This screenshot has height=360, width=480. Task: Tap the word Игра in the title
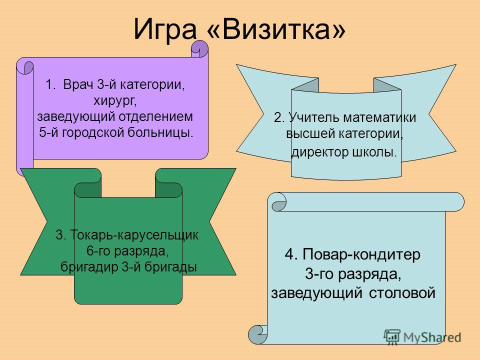coord(165,30)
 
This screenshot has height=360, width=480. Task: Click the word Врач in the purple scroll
coord(78,84)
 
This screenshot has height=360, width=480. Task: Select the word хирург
coord(115,100)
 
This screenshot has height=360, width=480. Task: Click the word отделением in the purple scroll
coord(156,116)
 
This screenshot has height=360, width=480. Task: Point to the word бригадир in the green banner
coord(89,266)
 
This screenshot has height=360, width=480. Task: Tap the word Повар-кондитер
coord(361,254)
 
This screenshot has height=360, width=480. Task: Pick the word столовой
coord(402,292)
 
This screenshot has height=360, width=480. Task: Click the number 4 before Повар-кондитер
coord(289,254)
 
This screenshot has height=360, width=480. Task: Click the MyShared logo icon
coord(392,336)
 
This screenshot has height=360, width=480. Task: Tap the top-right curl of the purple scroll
coord(199,49)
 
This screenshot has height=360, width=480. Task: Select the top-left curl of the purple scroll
coord(25,66)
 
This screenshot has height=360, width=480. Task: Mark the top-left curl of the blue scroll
coord(278,202)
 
